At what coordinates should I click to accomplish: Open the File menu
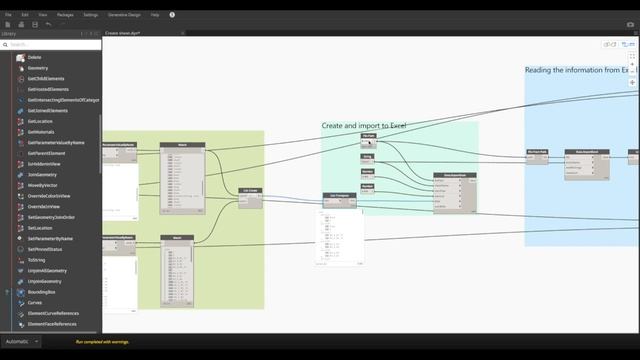(x=8, y=15)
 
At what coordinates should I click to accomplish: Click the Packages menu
(x=63, y=15)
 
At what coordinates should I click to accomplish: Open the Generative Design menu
(x=125, y=15)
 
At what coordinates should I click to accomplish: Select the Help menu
(x=155, y=15)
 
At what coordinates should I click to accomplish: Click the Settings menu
(x=91, y=15)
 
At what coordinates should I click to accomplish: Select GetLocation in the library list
(x=40, y=121)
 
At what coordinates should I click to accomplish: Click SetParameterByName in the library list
(x=52, y=239)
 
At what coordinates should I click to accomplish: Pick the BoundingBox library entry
(x=42, y=292)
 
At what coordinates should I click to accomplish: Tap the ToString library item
(x=36, y=260)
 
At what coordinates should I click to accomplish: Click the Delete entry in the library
(x=34, y=57)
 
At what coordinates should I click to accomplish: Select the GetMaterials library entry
(x=41, y=132)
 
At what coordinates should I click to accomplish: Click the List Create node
(x=250, y=190)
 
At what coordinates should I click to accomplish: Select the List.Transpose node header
(x=336, y=196)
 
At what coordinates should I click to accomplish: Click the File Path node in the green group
(x=368, y=135)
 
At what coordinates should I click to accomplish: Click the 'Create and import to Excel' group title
(x=364, y=126)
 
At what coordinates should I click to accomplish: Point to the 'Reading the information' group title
(x=575, y=70)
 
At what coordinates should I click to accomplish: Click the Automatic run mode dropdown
(x=21, y=342)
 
